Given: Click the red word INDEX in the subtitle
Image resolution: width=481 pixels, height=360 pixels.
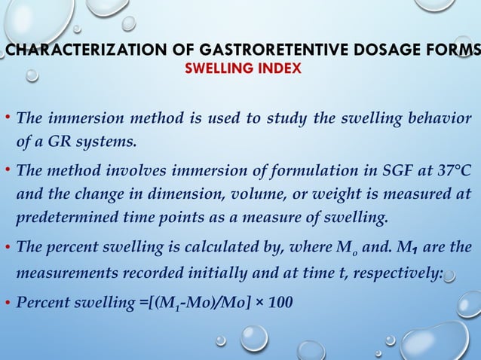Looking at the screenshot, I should (x=280, y=69).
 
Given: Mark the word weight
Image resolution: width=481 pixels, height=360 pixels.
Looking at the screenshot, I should (x=339, y=195).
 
